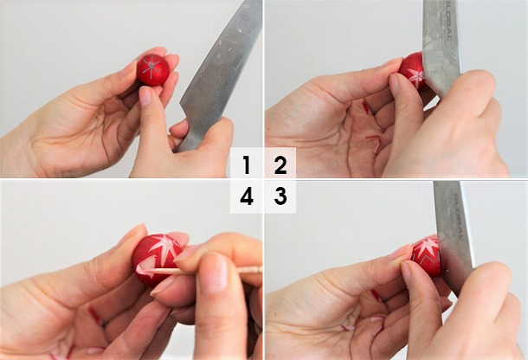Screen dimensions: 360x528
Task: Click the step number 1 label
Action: click(x=247, y=164)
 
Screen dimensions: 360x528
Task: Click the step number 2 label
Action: click(x=280, y=164)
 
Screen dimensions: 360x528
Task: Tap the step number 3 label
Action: click(x=280, y=197)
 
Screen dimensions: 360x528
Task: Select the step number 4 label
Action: click(x=247, y=197)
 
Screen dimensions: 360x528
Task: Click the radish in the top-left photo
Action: click(x=153, y=70)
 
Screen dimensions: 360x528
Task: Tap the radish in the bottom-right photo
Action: click(x=426, y=255)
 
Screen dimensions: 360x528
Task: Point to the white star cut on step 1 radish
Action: click(x=154, y=68)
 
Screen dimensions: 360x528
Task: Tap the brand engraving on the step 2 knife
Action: click(x=442, y=17)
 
